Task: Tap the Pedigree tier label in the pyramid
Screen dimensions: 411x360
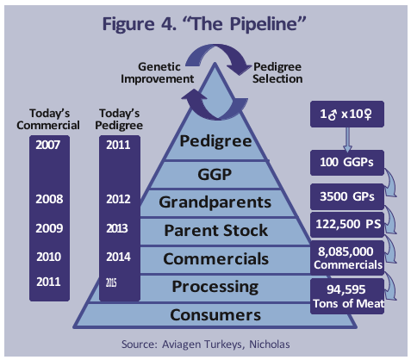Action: [215, 141]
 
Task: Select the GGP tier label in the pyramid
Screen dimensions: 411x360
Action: [215, 174]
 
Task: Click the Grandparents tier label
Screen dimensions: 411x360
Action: [215, 202]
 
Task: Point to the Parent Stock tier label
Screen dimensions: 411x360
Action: [216, 231]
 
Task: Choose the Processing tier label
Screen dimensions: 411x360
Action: [215, 287]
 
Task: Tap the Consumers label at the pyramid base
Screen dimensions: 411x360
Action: [215, 315]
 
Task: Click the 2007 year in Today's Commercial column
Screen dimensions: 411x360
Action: [48, 145]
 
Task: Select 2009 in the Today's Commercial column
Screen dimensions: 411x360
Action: [49, 228]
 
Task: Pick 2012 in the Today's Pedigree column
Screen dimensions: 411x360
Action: [118, 199]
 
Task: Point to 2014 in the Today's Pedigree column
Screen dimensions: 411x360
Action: [118, 257]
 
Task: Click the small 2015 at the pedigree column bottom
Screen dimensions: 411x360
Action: [111, 283]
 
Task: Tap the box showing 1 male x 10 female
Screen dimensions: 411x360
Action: [347, 114]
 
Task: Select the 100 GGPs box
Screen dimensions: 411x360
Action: [347, 163]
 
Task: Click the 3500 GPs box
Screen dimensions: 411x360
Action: [347, 196]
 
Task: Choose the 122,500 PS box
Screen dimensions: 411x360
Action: [347, 225]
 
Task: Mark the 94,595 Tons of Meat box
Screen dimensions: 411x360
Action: [347, 296]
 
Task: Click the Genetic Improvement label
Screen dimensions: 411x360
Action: [158, 72]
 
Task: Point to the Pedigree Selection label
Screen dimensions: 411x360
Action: [277, 72]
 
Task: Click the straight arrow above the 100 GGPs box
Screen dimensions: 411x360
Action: [347, 140]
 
